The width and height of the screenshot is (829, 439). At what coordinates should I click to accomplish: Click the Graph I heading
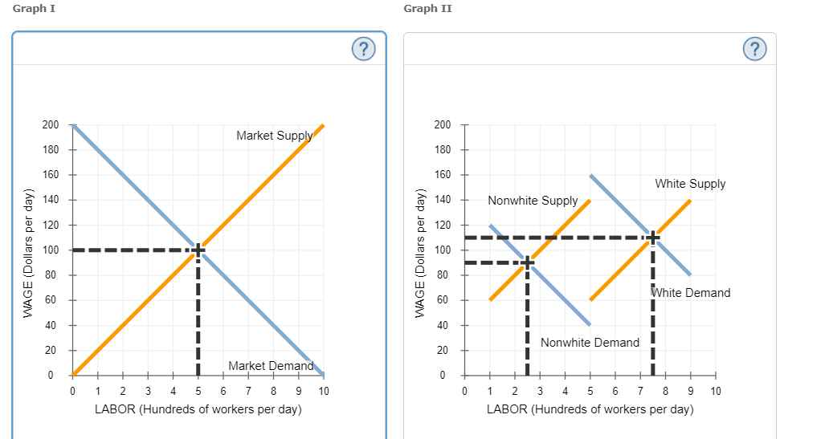point(34,8)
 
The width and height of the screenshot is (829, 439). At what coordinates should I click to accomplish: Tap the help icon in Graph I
point(364,50)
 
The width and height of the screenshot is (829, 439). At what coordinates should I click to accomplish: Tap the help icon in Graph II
point(754,50)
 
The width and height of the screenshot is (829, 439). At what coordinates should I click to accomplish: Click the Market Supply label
point(274,136)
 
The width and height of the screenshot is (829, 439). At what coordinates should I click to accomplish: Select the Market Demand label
point(271,366)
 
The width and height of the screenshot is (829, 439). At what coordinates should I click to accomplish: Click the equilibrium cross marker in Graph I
point(198,250)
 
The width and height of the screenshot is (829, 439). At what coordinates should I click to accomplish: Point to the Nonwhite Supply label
point(533,200)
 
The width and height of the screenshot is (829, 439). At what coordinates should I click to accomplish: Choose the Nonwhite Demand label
point(590,343)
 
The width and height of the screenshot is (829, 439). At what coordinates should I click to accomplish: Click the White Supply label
point(690,184)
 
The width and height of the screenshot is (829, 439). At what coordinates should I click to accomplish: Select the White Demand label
point(692,293)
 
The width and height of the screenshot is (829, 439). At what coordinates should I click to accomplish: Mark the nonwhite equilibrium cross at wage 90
point(527,262)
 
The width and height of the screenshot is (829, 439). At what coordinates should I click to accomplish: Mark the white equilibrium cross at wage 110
point(652,238)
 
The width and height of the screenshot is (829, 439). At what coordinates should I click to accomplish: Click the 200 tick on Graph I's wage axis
point(51,125)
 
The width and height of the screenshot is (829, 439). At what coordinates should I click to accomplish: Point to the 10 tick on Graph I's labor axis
point(323,391)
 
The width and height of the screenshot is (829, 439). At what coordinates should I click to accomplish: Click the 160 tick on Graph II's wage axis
point(442,175)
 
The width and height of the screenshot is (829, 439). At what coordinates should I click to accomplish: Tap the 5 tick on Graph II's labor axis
point(590,391)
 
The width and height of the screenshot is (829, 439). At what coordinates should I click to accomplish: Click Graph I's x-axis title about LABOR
point(198,409)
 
